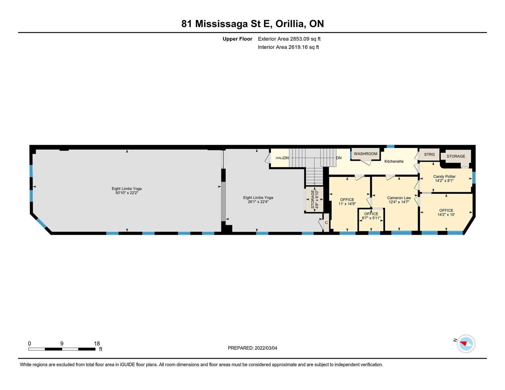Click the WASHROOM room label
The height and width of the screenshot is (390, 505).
tap(365, 154)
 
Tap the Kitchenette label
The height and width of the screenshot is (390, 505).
tap(394, 161)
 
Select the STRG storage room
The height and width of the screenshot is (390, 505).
tap(429, 154)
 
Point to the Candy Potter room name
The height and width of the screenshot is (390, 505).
tap(444, 176)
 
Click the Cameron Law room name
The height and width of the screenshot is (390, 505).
tap(399, 198)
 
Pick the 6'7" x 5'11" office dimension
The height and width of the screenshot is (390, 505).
tap(371, 218)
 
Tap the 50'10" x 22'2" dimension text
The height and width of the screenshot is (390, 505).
tap(127, 193)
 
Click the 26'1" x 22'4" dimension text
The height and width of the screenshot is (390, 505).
tap(258, 202)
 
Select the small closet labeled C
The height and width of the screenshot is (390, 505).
tap(326, 222)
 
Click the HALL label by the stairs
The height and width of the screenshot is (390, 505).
tap(279, 158)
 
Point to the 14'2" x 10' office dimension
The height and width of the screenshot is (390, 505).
tap(446, 215)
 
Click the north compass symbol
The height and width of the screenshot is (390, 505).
tap(466, 344)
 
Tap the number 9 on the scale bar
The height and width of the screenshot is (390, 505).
tap(62, 343)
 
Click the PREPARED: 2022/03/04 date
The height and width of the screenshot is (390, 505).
tap(252, 348)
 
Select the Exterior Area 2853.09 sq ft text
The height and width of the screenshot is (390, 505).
tap(289, 39)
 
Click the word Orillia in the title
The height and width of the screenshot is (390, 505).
tap(290, 24)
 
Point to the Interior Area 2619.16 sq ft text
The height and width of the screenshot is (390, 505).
tap(288, 47)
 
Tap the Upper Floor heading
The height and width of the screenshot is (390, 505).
tap(237, 39)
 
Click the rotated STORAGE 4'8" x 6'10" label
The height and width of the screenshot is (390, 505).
tap(314, 199)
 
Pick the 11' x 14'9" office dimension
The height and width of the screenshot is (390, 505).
tap(347, 204)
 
